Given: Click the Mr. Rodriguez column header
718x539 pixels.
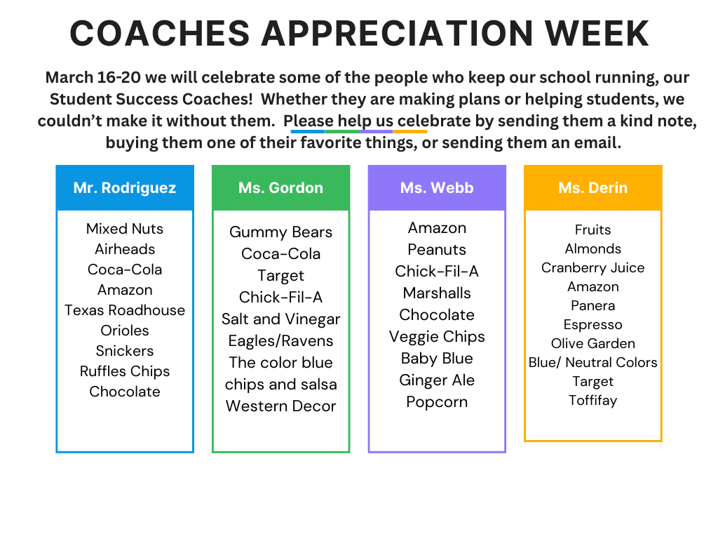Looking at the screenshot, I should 125,188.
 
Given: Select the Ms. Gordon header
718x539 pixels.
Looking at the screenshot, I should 280,188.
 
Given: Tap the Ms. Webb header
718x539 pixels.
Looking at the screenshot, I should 437,188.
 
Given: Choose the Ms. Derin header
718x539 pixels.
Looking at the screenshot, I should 592,188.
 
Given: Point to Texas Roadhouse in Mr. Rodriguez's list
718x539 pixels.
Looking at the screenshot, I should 125,310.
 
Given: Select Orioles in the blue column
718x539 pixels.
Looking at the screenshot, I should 125,331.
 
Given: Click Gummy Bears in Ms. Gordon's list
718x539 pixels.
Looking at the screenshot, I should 280,232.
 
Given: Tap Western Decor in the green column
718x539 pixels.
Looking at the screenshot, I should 280,406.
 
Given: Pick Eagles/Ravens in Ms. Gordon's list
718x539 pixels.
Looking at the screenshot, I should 280,341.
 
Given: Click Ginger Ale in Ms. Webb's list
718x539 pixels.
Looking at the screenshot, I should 437,380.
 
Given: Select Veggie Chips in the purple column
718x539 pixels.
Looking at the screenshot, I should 437,337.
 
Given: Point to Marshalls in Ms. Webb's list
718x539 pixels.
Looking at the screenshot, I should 437,293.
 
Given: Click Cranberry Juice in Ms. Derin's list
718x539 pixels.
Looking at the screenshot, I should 592,268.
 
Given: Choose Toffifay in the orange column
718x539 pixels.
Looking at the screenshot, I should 592,401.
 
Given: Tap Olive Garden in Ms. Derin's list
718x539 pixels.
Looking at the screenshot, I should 592,344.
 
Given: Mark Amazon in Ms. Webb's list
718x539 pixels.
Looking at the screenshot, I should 437,228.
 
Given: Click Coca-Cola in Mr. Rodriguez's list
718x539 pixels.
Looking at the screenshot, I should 125,269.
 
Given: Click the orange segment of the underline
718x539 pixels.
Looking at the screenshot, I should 410,131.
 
